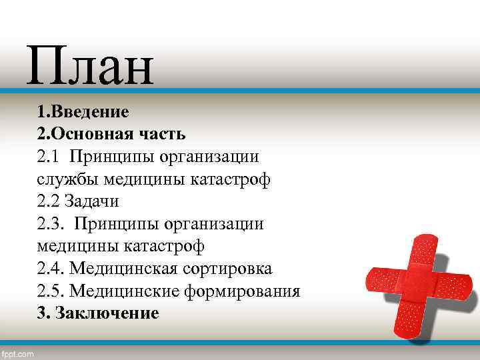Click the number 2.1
pos(49,156)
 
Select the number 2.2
pos(49,201)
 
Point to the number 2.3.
pos(51,224)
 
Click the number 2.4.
pos(51,269)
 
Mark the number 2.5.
pos(51,292)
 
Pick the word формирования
pos(243,292)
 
